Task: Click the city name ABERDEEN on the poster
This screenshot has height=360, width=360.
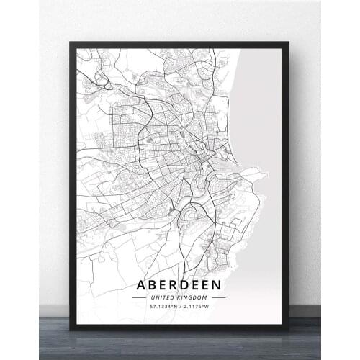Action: pyautogui.click(x=179, y=284)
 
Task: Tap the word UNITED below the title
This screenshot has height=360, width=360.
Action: pyautogui.click(x=163, y=297)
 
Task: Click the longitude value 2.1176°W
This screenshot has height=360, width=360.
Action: pyautogui.click(x=199, y=307)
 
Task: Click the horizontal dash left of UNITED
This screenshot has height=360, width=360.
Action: pyautogui.click(x=140, y=297)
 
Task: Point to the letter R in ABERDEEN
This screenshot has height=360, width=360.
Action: pyautogui.click(x=176, y=284)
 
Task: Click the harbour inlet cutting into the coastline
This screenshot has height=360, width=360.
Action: pyautogui.click(x=241, y=173)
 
